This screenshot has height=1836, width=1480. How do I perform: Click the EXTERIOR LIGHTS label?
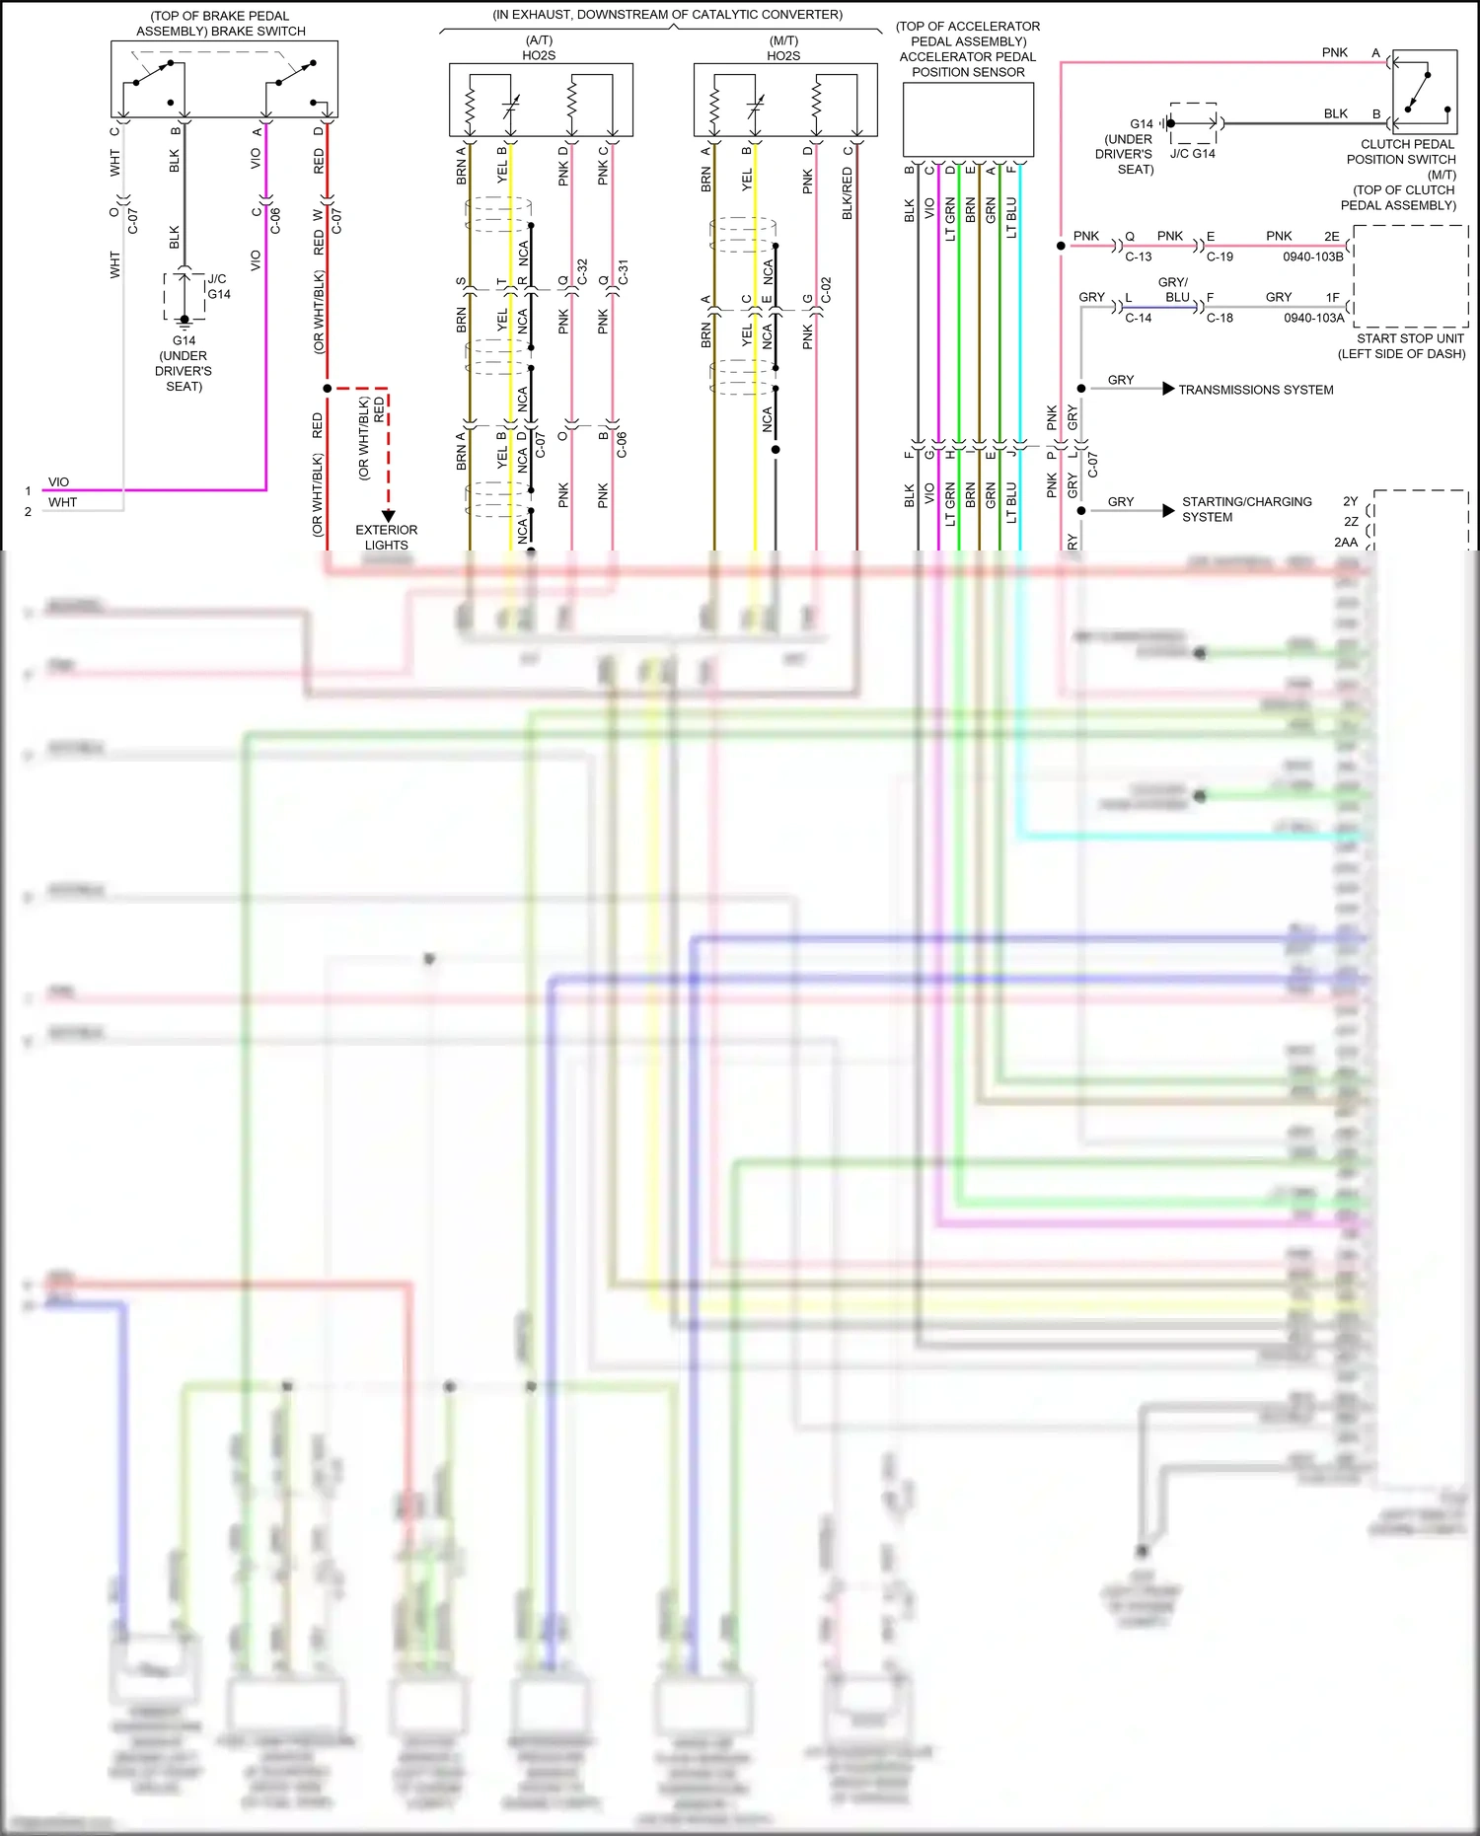386,538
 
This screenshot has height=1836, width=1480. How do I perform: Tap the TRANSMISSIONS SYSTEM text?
1255,390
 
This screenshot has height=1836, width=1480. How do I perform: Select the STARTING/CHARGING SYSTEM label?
1246,509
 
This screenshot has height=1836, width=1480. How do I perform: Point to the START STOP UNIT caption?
1409,338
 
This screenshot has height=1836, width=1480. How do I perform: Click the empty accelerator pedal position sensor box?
968,119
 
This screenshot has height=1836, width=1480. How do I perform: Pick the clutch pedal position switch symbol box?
1424,92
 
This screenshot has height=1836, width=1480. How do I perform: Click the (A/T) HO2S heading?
539,48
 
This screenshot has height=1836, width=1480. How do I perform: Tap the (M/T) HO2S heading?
783,48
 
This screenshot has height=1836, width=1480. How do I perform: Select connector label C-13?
1139,257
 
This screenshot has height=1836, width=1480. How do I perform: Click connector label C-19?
1220,257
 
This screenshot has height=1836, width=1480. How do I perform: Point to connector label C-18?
1220,318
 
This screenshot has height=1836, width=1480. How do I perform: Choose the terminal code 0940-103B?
1313,257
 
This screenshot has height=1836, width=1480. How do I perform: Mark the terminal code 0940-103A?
1313,318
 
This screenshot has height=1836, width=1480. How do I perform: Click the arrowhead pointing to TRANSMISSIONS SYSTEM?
1168,389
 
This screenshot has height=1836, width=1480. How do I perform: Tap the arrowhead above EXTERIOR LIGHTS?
388,515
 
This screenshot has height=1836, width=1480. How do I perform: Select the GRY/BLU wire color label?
1174,289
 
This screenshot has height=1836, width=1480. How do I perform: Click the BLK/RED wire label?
847,193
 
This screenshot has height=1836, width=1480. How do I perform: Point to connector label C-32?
582,271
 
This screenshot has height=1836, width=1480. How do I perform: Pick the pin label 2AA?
1346,542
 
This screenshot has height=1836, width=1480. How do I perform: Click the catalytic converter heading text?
667,15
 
